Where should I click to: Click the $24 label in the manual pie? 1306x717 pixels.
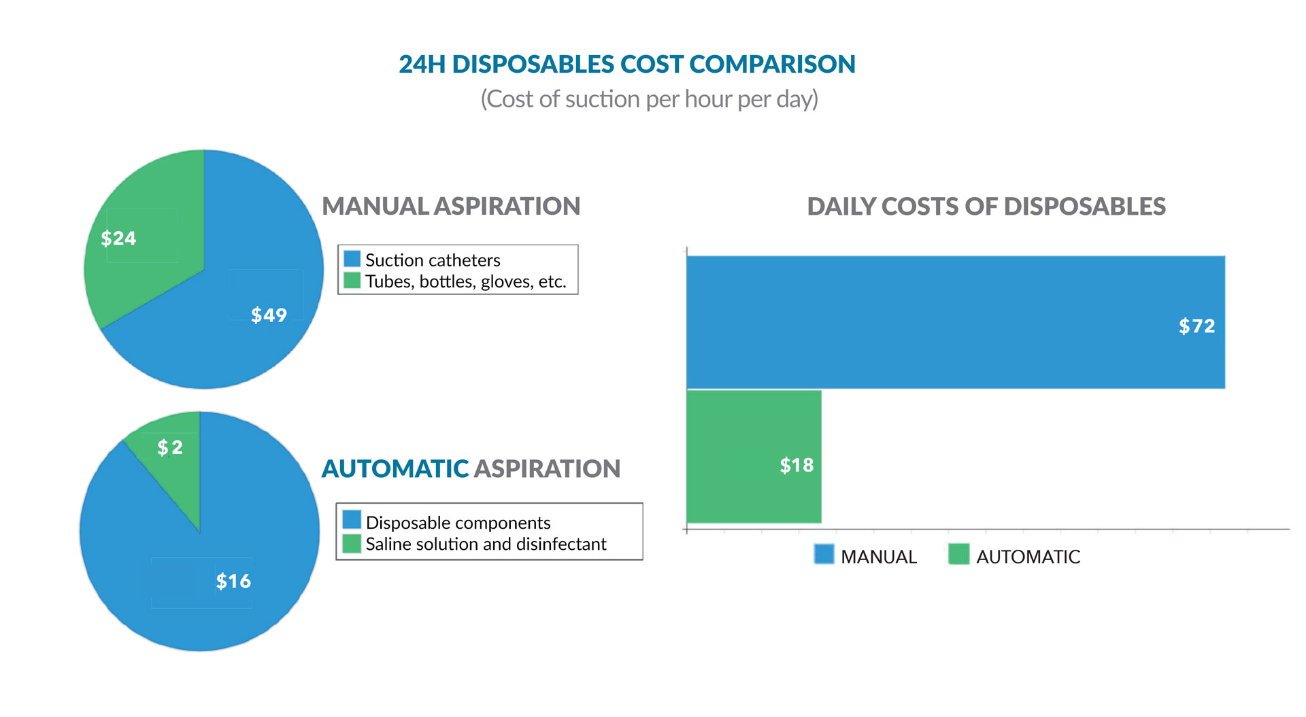(118, 239)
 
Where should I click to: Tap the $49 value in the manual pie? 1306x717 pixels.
(269, 315)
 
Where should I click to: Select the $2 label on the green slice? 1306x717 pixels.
(170, 447)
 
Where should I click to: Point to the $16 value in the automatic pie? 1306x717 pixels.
(233, 581)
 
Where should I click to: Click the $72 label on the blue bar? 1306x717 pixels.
(1196, 326)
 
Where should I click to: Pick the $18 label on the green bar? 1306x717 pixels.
(797, 466)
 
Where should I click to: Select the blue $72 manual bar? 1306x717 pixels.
(952, 322)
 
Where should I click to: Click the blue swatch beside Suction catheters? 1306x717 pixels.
(352, 259)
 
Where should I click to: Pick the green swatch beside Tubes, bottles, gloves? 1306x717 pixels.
(352, 280)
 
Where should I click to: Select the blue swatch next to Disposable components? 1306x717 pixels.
(352, 520)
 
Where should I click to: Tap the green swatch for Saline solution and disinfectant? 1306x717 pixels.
(352, 543)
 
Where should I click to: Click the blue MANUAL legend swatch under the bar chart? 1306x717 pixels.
(824, 555)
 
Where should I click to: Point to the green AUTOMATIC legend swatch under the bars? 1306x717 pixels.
(958, 555)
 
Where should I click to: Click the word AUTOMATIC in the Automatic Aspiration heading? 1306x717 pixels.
(395, 469)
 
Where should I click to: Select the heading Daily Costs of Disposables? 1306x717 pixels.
(986, 207)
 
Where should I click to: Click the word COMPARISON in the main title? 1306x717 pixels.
(772, 65)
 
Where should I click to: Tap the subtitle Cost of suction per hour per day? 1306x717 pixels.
(650, 99)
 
